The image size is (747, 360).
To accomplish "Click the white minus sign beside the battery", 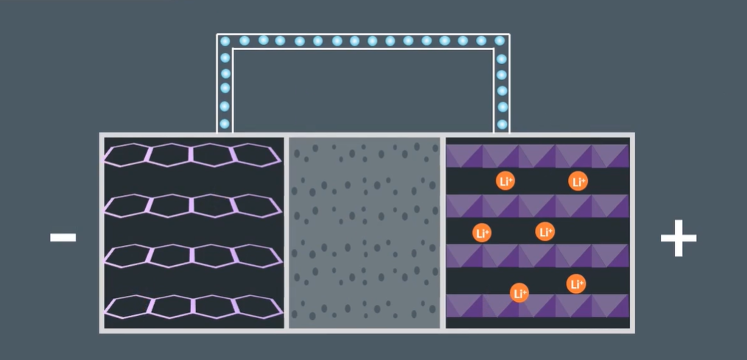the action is point(63,237).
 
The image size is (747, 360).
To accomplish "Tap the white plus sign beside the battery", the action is point(678,238).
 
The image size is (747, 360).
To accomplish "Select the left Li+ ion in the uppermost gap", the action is point(505,180).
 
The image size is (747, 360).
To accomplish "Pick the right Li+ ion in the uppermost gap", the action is point(578,180).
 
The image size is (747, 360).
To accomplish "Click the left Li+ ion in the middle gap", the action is point(482,233).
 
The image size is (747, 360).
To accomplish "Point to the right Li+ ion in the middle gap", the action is point(545,232).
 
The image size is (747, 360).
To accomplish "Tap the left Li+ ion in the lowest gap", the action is point(519,293).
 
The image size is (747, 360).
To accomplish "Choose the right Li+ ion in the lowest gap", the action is point(576,283).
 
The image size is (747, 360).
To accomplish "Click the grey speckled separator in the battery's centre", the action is point(365,232).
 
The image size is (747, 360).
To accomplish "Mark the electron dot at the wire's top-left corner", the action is point(225,41).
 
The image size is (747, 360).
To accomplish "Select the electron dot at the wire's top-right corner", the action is point(500,41).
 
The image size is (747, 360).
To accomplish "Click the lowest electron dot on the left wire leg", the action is point(225,124).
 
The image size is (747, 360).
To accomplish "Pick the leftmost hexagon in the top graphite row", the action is point(127,155).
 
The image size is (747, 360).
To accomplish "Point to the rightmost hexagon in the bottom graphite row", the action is point(255,306).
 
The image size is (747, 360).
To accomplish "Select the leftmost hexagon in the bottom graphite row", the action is point(127,306).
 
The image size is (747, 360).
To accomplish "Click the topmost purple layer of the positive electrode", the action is point(538,156).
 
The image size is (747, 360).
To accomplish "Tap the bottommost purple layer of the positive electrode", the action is point(538,305).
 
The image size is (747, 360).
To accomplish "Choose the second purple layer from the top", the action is point(538,206).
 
